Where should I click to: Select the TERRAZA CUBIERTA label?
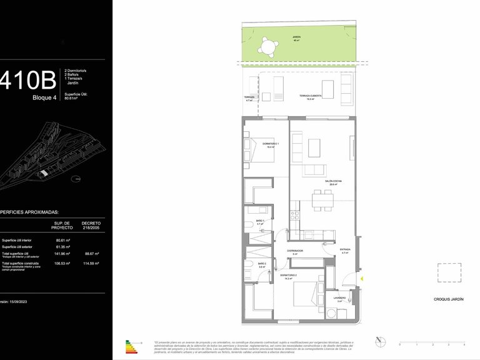tap(310, 96)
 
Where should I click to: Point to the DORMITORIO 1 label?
tap(270, 146)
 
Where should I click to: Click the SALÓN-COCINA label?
tap(332, 182)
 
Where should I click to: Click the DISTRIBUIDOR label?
tap(295, 252)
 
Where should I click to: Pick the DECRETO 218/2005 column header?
tap(91, 225)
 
